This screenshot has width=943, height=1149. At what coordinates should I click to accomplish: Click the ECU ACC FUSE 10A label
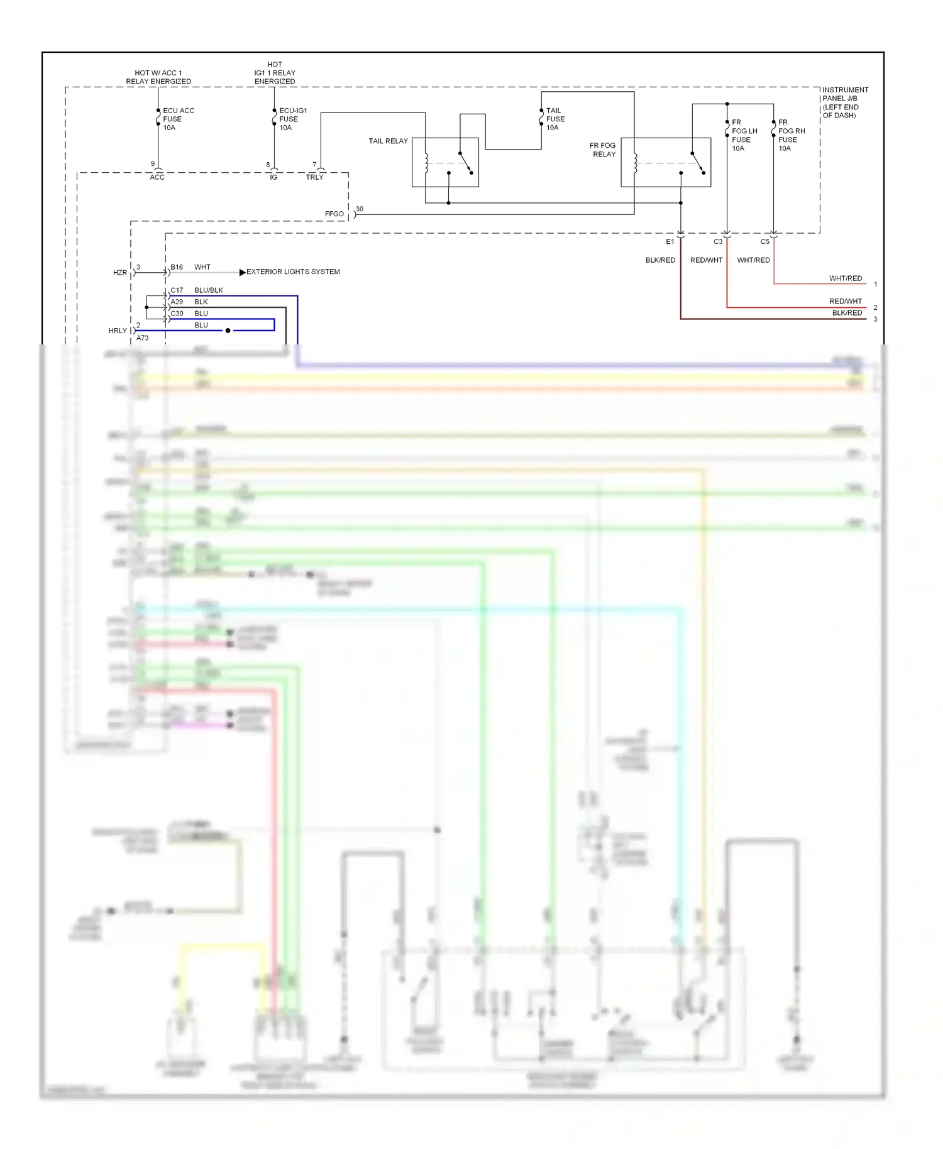click(178, 119)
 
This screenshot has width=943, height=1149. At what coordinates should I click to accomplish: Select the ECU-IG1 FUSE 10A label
click(292, 119)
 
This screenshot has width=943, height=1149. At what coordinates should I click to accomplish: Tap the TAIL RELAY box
click(445, 162)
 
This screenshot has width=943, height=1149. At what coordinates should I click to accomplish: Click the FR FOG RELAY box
click(666, 162)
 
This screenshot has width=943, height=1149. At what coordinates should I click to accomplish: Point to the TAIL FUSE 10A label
click(554, 119)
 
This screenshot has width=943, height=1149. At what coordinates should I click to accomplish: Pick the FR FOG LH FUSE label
click(744, 135)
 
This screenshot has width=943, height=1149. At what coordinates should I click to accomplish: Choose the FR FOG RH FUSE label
click(791, 135)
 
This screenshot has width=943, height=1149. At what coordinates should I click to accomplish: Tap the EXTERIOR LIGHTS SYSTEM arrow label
click(292, 272)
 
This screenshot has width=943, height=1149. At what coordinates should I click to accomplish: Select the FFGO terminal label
click(334, 214)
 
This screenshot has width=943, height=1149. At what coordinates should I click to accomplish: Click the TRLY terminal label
click(314, 177)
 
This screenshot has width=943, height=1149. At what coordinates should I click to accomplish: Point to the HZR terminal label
click(119, 273)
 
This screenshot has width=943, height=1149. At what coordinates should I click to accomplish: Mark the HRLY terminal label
click(118, 331)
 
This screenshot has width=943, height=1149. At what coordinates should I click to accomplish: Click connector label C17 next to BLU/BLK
click(177, 290)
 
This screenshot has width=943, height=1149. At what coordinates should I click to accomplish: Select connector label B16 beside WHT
click(177, 267)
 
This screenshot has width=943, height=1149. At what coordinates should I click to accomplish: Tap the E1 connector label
click(670, 241)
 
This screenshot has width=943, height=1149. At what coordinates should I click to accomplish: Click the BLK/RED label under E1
click(660, 260)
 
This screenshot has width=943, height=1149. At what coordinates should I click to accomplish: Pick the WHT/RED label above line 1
click(845, 278)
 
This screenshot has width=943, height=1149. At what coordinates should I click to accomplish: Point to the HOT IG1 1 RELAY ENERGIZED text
click(275, 73)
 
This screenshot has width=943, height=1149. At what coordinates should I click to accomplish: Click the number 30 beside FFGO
click(360, 209)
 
